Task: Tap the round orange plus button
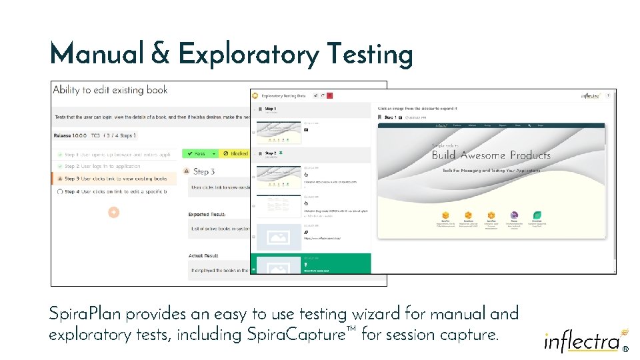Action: [x=114, y=212]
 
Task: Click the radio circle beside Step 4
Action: [x=60, y=192]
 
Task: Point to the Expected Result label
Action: [x=207, y=215]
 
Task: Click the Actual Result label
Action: [x=203, y=256]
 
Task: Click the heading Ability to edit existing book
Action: [x=110, y=90]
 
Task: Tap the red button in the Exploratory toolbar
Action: [x=329, y=96]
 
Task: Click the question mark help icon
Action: [x=607, y=96]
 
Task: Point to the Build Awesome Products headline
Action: [x=491, y=155]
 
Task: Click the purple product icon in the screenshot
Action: [x=514, y=215]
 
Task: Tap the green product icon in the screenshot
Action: [x=537, y=215]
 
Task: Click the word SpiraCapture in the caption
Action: [x=303, y=335]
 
